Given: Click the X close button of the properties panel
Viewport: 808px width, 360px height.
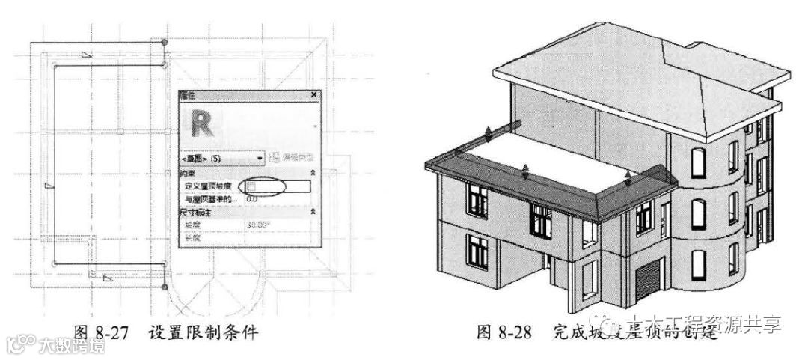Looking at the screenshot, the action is click(313, 96).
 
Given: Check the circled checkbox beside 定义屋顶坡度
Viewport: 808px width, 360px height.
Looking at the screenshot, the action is click(253, 185).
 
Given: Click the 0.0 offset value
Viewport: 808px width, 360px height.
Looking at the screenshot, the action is click(252, 198).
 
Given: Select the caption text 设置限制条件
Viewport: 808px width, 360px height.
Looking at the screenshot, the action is click(203, 332).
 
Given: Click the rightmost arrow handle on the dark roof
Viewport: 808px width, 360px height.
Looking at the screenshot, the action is click(628, 178).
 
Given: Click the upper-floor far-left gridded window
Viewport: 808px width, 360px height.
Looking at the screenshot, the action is click(477, 199).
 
